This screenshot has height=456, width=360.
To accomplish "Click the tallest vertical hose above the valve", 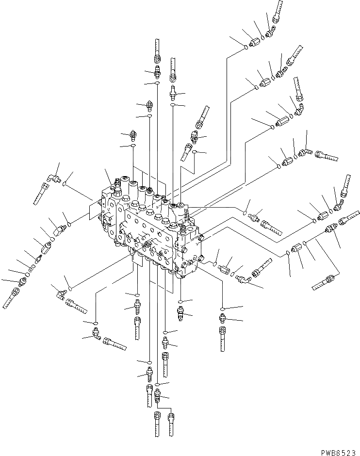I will pyautogui.click(x=156, y=51).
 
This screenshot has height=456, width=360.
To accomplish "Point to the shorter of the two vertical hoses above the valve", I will pyautogui.click(x=172, y=70).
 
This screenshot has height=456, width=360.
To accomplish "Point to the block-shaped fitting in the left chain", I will pyautogui.click(x=48, y=247).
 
